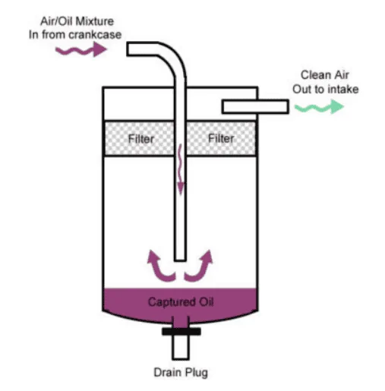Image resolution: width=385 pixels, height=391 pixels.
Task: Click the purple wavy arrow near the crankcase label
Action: [x=81, y=50]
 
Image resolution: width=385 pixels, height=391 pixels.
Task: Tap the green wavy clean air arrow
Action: [x=319, y=107]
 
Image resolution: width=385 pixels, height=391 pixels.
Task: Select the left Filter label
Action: [x=141, y=139]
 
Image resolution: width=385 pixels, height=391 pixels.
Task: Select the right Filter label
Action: [x=221, y=138]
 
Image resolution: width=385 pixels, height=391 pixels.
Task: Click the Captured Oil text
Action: [x=181, y=301]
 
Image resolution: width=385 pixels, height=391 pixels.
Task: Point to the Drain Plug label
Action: [x=181, y=373]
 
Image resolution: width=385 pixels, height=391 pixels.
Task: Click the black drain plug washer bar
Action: [x=181, y=331]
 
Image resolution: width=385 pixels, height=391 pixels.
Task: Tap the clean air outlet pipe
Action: [x=255, y=106]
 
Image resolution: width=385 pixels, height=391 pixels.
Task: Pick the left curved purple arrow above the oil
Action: [x=158, y=267]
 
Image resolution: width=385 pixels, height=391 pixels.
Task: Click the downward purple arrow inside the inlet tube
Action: [x=180, y=169]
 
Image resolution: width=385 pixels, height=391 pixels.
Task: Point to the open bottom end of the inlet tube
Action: [x=180, y=260]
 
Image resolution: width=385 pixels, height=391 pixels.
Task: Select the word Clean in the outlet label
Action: [x=312, y=75]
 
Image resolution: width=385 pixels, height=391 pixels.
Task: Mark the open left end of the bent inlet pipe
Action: [x=128, y=49]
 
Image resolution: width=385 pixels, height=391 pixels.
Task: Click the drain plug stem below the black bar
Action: [x=181, y=347]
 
